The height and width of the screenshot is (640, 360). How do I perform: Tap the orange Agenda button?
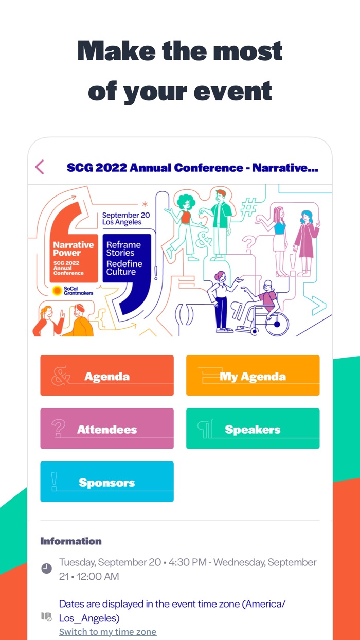[x=107, y=376]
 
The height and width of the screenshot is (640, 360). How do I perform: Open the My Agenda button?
[x=253, y=376]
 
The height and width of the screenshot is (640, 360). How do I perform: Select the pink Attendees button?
[x=107, y=429]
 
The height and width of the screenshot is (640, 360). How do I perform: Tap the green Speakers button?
[x=253, y=429]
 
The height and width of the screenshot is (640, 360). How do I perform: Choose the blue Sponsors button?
[x=107, y=482]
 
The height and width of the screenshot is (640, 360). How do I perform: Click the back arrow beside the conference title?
[x=40, y=167]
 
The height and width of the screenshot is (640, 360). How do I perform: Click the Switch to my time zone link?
[x=107, y=631]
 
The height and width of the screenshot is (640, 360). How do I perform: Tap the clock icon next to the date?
[x=47, y=568]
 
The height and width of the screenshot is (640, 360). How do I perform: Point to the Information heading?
[x=71, y=541]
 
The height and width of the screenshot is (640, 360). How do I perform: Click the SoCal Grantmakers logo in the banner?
[x=72, y=291]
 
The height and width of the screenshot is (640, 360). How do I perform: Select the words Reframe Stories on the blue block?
[x=123, y=248]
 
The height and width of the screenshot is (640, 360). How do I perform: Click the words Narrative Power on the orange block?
[x=73, y=249]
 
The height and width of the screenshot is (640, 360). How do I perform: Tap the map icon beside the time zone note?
[x=46, y=616]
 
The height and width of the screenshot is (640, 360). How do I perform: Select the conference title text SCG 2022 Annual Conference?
[x=155, y=168]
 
